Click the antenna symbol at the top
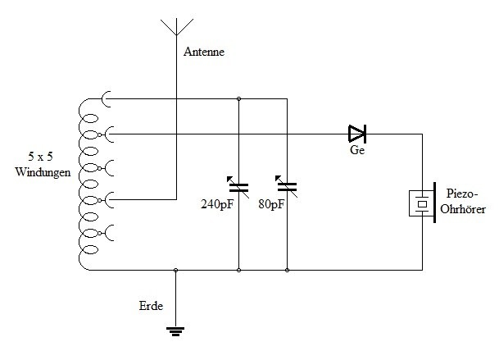(177, 27)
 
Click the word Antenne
(204, 52)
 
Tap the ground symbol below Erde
(175, 331)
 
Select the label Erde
(151, 306)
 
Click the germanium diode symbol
(357, 134)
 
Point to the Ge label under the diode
(357, 150)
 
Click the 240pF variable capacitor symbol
(238, 187)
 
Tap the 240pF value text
(217, 204)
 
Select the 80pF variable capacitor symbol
(287, 187)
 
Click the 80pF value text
(271, 204)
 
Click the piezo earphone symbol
(422, 203)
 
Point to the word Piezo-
(462, 194)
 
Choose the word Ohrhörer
(463, 209)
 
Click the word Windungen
(43, 172)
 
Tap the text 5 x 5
(40, 157)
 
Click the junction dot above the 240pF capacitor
(238, 98)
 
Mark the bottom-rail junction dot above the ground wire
(175, 270)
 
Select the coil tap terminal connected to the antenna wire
(106, 200)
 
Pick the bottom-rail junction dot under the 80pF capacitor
(287, 270)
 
